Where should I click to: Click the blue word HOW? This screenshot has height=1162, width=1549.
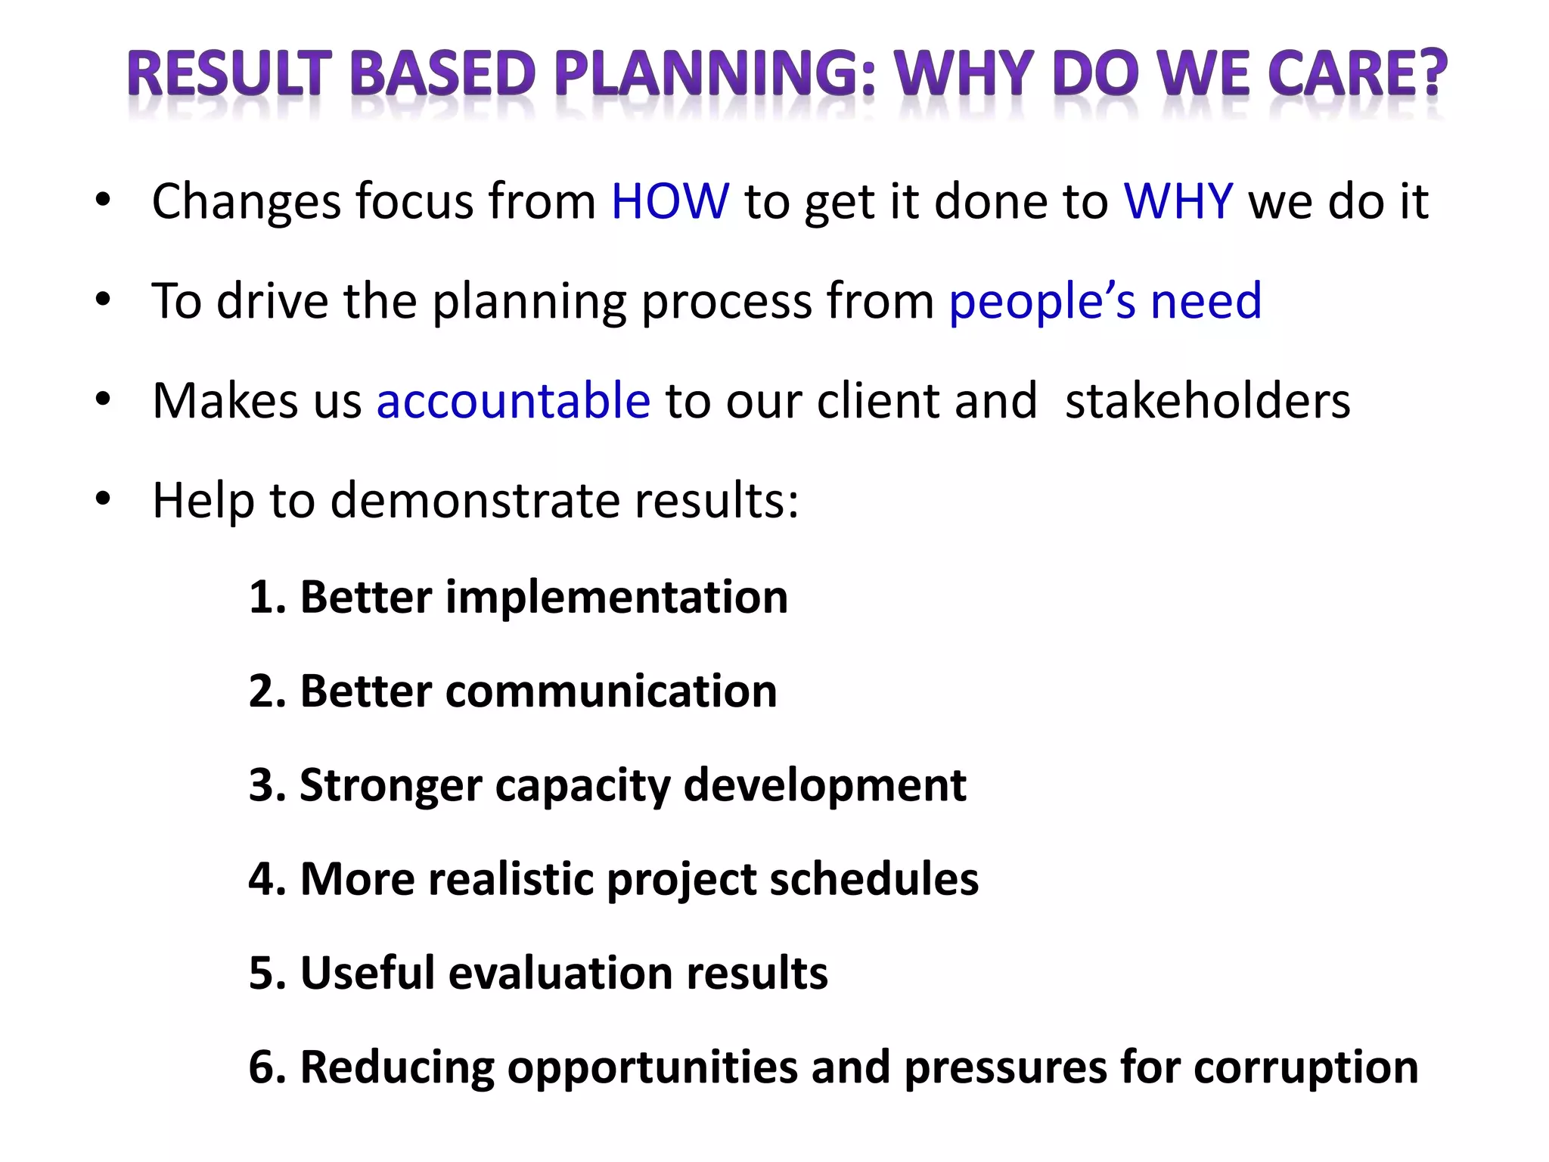point(670,202)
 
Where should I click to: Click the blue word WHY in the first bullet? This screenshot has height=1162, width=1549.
point(1178,202)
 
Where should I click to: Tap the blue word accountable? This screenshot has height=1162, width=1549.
point(513,401)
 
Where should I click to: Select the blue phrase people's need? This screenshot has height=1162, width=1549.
point(1105,302)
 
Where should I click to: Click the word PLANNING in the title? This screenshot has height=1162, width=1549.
point(716,74)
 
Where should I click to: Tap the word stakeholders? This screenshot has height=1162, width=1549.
point(1207,401)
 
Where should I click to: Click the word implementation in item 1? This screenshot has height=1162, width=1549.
point(616,598)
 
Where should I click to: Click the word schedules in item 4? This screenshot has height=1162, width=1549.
point(874,879)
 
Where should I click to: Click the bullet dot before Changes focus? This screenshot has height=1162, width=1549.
point(104,201)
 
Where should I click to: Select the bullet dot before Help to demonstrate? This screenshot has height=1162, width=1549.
point(104,499)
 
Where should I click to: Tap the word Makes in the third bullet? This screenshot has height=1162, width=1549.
point(225,401)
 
